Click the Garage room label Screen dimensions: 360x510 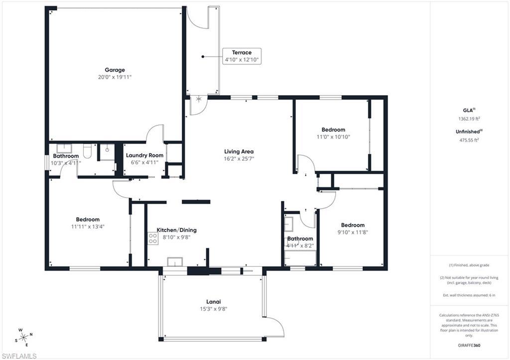tap(115, 70)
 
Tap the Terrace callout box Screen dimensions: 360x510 tap(242, 56)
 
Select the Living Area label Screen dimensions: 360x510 tap(239, 151)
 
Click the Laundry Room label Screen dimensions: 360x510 tap(144, 155)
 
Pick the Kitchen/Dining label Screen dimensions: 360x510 tap(176, 230)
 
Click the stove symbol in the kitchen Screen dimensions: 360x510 tap(152, 239)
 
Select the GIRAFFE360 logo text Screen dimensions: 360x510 tap(470, 345)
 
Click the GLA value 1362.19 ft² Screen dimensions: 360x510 tap(469, 119)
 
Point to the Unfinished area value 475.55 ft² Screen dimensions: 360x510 tap(469, 140)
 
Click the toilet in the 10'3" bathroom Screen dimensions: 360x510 tap(87, 151)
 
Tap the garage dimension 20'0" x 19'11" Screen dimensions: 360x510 tap(115, 77)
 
